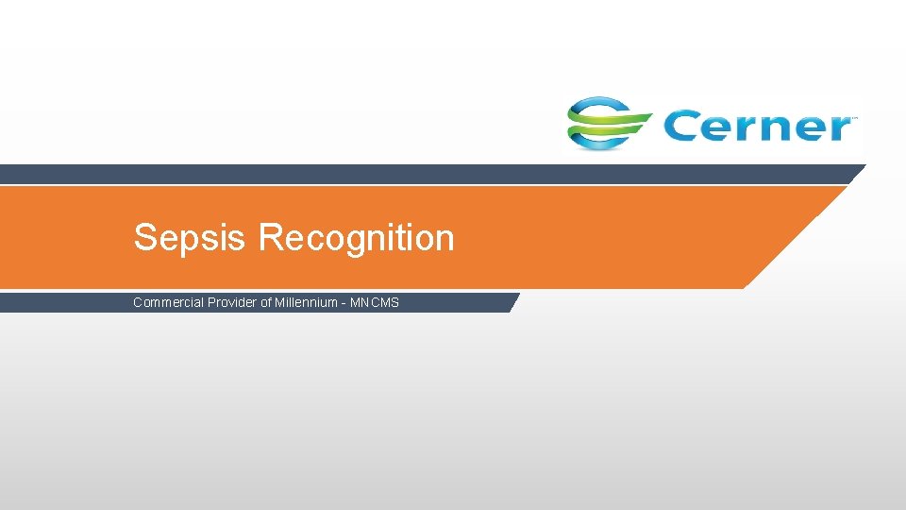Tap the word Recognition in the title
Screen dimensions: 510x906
coord(356,238)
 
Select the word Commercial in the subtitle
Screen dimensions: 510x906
coord(167,303)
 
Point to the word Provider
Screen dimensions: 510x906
coord(230,303)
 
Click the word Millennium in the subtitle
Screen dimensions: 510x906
coord(306,303)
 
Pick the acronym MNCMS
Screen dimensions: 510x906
coord(375,303)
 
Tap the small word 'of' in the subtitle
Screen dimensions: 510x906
coord(266,303)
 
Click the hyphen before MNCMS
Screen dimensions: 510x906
coord(343,303)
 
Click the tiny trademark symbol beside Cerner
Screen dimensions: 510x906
coord(854,118)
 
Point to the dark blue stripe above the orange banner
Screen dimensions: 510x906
coord(425,174)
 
